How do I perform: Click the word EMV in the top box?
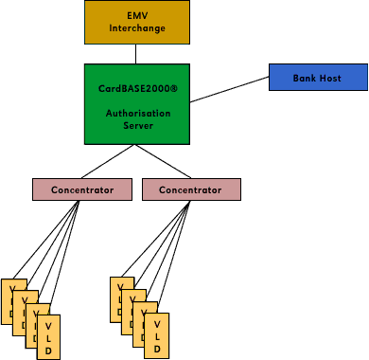point(137,16)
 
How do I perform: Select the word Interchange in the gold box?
point(137,28)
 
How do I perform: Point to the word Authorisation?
point(138,114)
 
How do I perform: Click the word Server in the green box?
point(138,125)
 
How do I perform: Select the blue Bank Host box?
point(318,78)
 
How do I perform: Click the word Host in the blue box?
point(330,78)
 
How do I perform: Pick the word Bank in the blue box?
point(305,78)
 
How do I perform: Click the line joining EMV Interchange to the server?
point(138,55)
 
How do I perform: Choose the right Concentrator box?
point(191,189)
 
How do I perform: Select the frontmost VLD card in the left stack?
point(48,337)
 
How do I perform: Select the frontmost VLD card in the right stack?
point(156,337)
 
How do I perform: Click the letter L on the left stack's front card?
point(48,337)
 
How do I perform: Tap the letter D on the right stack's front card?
point(156,350)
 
